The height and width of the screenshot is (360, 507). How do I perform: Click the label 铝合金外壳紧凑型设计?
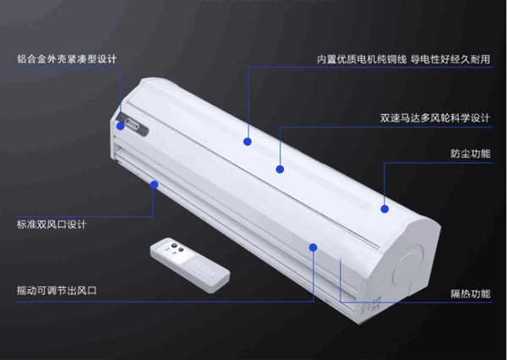(67, 59)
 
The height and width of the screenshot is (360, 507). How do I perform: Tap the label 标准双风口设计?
(52, 224)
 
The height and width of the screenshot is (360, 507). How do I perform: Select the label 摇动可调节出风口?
(57, 290)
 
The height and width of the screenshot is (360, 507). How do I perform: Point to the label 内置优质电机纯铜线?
(362, 59)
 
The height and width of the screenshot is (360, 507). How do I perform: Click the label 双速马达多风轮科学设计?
(435, 118)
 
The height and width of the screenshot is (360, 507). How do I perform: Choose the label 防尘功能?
(471, 154)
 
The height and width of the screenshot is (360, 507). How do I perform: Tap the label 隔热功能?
(471, 294)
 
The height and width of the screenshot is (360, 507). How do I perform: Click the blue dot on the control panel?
(121, 126)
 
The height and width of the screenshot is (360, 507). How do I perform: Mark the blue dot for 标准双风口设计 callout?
(155, 185)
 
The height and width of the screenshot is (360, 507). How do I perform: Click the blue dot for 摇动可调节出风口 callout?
(313, 248)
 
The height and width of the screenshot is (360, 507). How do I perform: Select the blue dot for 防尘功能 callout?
(384, 209)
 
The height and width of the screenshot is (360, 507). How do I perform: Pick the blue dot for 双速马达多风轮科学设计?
(280, 169)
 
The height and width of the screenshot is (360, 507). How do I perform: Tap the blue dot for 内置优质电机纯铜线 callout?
(248, 141)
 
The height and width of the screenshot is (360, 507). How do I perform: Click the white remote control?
(190, 265)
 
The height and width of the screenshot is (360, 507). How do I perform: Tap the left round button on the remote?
(174, 245)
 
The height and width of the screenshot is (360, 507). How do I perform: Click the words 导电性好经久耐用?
(450, 59)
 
